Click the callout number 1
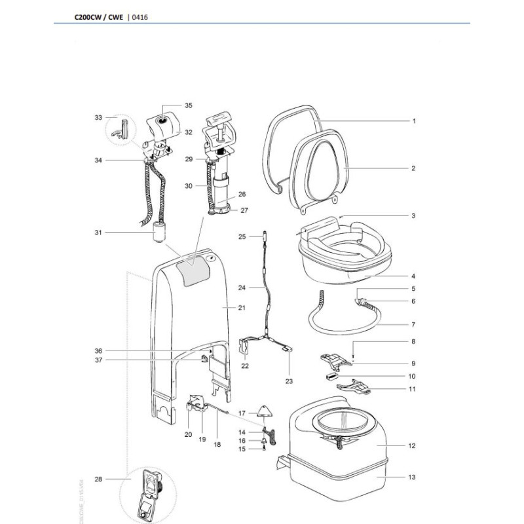tap(413, 121)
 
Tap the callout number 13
tap(412, 477)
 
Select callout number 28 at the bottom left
tap(98, 479)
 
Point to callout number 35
tap(189, 105)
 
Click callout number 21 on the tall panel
tap(223, 307)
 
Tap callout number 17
tap(242, 413)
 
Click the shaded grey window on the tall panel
tap(192, 269)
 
